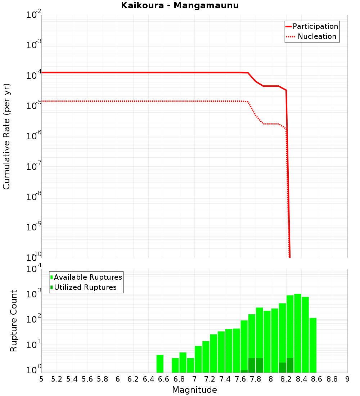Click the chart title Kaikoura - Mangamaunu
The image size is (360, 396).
[180, 5]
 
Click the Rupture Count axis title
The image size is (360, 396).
[14, 321]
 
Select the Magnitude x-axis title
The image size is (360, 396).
[194, 390]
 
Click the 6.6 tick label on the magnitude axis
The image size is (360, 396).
[164, 379]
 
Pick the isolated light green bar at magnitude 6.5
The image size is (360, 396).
[160, 364]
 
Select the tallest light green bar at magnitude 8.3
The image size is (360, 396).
[298, 333]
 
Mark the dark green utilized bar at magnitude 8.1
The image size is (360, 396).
[282, 368]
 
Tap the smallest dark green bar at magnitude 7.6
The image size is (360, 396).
[244, 371]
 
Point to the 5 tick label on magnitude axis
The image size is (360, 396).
[41, 379]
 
